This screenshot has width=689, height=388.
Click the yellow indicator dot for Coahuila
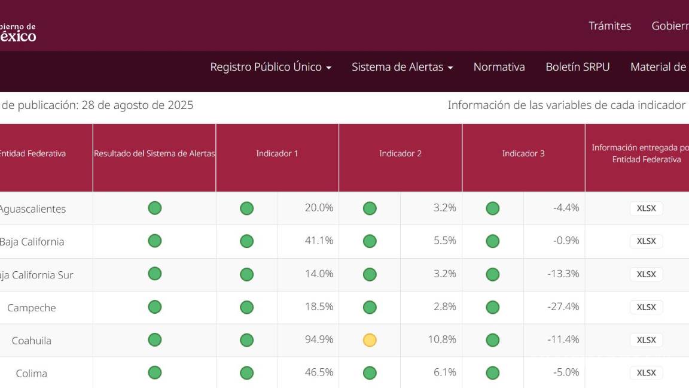[370, 340]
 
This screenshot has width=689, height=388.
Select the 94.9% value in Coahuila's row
[319, 339]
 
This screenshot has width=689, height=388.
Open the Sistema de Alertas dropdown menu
[402, 67]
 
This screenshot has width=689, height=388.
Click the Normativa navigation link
[499, 67]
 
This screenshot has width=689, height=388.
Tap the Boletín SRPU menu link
[577, 67]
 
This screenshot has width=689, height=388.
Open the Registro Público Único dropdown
[270, 67]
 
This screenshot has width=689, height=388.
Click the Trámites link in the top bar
[609, 26]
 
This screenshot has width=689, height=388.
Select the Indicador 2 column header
[400, 153]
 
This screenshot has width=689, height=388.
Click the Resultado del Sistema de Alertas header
[154, 153]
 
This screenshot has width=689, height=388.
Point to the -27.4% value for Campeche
[563, 307]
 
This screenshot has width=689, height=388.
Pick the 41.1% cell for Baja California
[319, 241]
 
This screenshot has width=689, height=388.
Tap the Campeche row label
[31, 308]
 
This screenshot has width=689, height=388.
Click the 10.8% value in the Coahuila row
[442, 339]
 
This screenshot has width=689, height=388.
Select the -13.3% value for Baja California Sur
[563, 274]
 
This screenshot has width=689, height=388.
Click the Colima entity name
[31, 373]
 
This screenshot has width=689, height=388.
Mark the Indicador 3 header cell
[523, 153]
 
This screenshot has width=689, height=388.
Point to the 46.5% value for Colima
[319, 372]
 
